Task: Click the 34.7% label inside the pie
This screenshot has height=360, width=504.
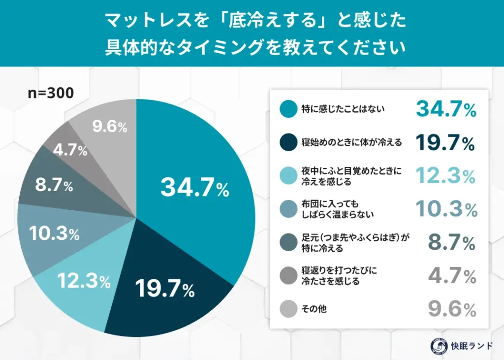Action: (195, 188)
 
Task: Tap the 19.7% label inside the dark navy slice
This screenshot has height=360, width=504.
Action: (164, 289)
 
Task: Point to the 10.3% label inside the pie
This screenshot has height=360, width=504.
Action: (54, 233)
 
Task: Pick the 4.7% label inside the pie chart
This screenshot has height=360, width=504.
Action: (70, 150)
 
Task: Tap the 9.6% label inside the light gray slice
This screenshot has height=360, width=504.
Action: (110, 127)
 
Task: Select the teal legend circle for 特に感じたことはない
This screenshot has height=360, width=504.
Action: (287, 109)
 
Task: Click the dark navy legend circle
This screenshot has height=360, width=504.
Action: (287, 142)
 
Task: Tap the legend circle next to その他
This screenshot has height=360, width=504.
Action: (287, 309)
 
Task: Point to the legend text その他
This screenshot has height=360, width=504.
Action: (314, 310)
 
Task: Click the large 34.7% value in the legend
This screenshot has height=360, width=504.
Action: (446, 109)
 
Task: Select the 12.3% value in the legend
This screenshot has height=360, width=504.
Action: (446, 176)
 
